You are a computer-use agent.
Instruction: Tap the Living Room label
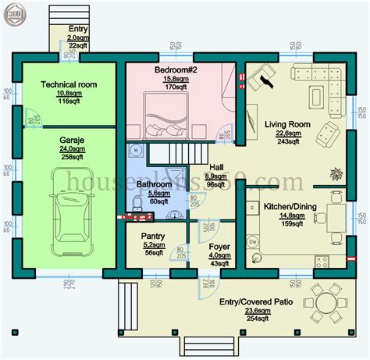288,125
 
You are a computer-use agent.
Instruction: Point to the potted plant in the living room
337,173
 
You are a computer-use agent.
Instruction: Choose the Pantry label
151,235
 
